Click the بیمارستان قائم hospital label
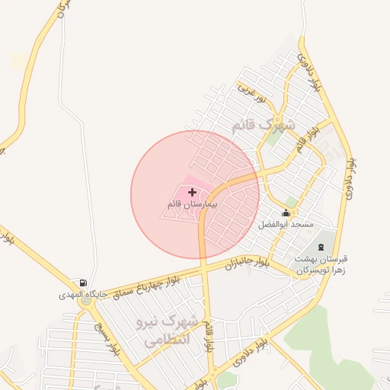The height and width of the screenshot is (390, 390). (x=193, y=205)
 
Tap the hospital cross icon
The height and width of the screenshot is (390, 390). (x=192, y=193)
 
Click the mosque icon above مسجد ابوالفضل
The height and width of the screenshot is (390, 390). (x=286, y=213)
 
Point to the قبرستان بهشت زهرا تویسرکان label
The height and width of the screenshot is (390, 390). (x=321, y=264)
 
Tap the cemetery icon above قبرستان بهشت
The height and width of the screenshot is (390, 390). (x=321, y=247)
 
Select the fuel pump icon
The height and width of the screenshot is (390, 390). (x=82, y=283)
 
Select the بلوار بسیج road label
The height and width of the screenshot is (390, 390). (x=107, y=340)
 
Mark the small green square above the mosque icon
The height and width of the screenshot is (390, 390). (x=290, y=201)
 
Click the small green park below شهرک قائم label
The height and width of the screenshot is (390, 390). (x=272, y=138)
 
